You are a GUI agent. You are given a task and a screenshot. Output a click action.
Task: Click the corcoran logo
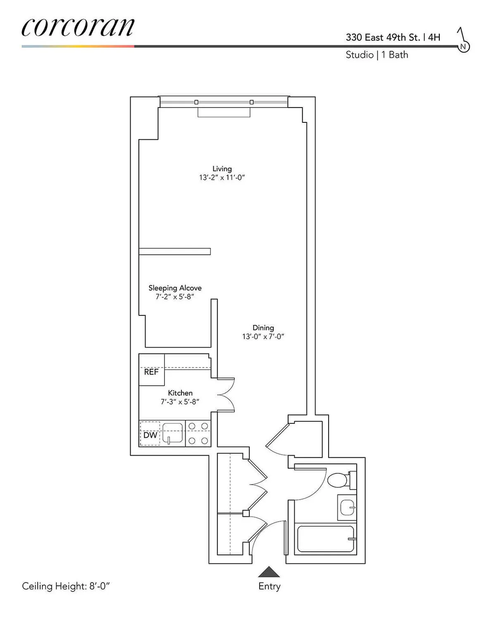pos(78,27)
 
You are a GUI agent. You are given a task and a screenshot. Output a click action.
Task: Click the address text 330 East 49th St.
pos(383,37)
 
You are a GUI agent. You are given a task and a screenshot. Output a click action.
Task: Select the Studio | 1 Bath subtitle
pos(377,55)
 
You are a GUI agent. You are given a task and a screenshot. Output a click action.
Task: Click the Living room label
pos(222,169)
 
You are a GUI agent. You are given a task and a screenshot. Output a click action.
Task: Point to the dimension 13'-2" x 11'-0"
pos(222,178)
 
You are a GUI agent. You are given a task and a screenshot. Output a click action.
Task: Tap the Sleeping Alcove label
pos(175,288)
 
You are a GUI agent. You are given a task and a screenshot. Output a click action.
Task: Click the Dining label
pos(263,328)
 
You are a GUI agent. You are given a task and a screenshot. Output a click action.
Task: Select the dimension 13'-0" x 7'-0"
pos(263,337)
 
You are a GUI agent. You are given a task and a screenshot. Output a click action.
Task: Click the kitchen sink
pos(173,433)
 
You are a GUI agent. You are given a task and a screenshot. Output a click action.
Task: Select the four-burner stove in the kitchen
pos(198,433)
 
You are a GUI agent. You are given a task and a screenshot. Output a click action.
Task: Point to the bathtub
pos(326,539)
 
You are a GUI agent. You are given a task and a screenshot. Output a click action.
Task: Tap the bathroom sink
pos(346,507)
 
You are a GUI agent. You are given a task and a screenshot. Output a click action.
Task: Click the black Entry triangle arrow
pos(269,572)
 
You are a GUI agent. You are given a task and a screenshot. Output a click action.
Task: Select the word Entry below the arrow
pos(269,586)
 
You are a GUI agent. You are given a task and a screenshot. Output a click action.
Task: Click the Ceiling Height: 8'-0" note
pos(66,586)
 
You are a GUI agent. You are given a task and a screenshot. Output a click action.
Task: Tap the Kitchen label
pos(180,393)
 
